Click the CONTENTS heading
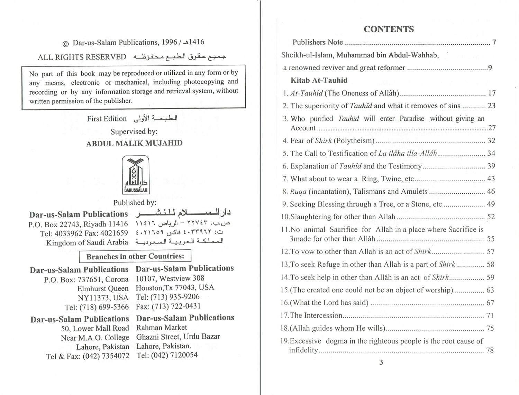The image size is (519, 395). coord(389,29)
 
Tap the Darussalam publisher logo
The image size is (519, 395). coord(136,175)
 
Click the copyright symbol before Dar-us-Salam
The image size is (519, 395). coord(65,44)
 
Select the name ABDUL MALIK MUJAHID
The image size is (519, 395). coord(134,143)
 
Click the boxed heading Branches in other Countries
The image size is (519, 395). coord(135,256)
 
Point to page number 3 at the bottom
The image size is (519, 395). coord(381,362)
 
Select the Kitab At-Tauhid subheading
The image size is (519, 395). coord(319,80)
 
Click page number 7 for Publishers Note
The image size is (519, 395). coord(494,42)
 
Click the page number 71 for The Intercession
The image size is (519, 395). coord(490,315)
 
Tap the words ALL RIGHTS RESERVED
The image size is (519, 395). coord(82,57)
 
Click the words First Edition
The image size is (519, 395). coord(107,119)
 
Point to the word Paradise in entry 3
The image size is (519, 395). coord(411,119)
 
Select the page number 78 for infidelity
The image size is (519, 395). coord(490,350)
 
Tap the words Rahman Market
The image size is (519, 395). coord(161,327)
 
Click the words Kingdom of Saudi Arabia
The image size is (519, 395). coord(87,242)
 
